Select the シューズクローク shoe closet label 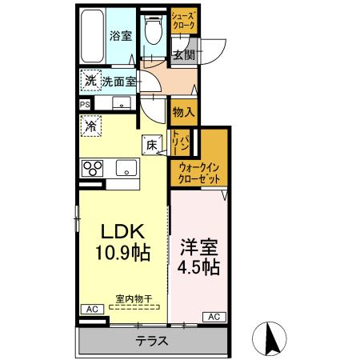182,22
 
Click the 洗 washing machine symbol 90,80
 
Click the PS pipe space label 84,104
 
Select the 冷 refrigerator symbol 91,126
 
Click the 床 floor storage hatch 152,144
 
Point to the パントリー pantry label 183,145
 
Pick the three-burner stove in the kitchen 92,169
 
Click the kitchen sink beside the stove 126,168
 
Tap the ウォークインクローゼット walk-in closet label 199,173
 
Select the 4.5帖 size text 198,266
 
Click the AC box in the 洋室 214,317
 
